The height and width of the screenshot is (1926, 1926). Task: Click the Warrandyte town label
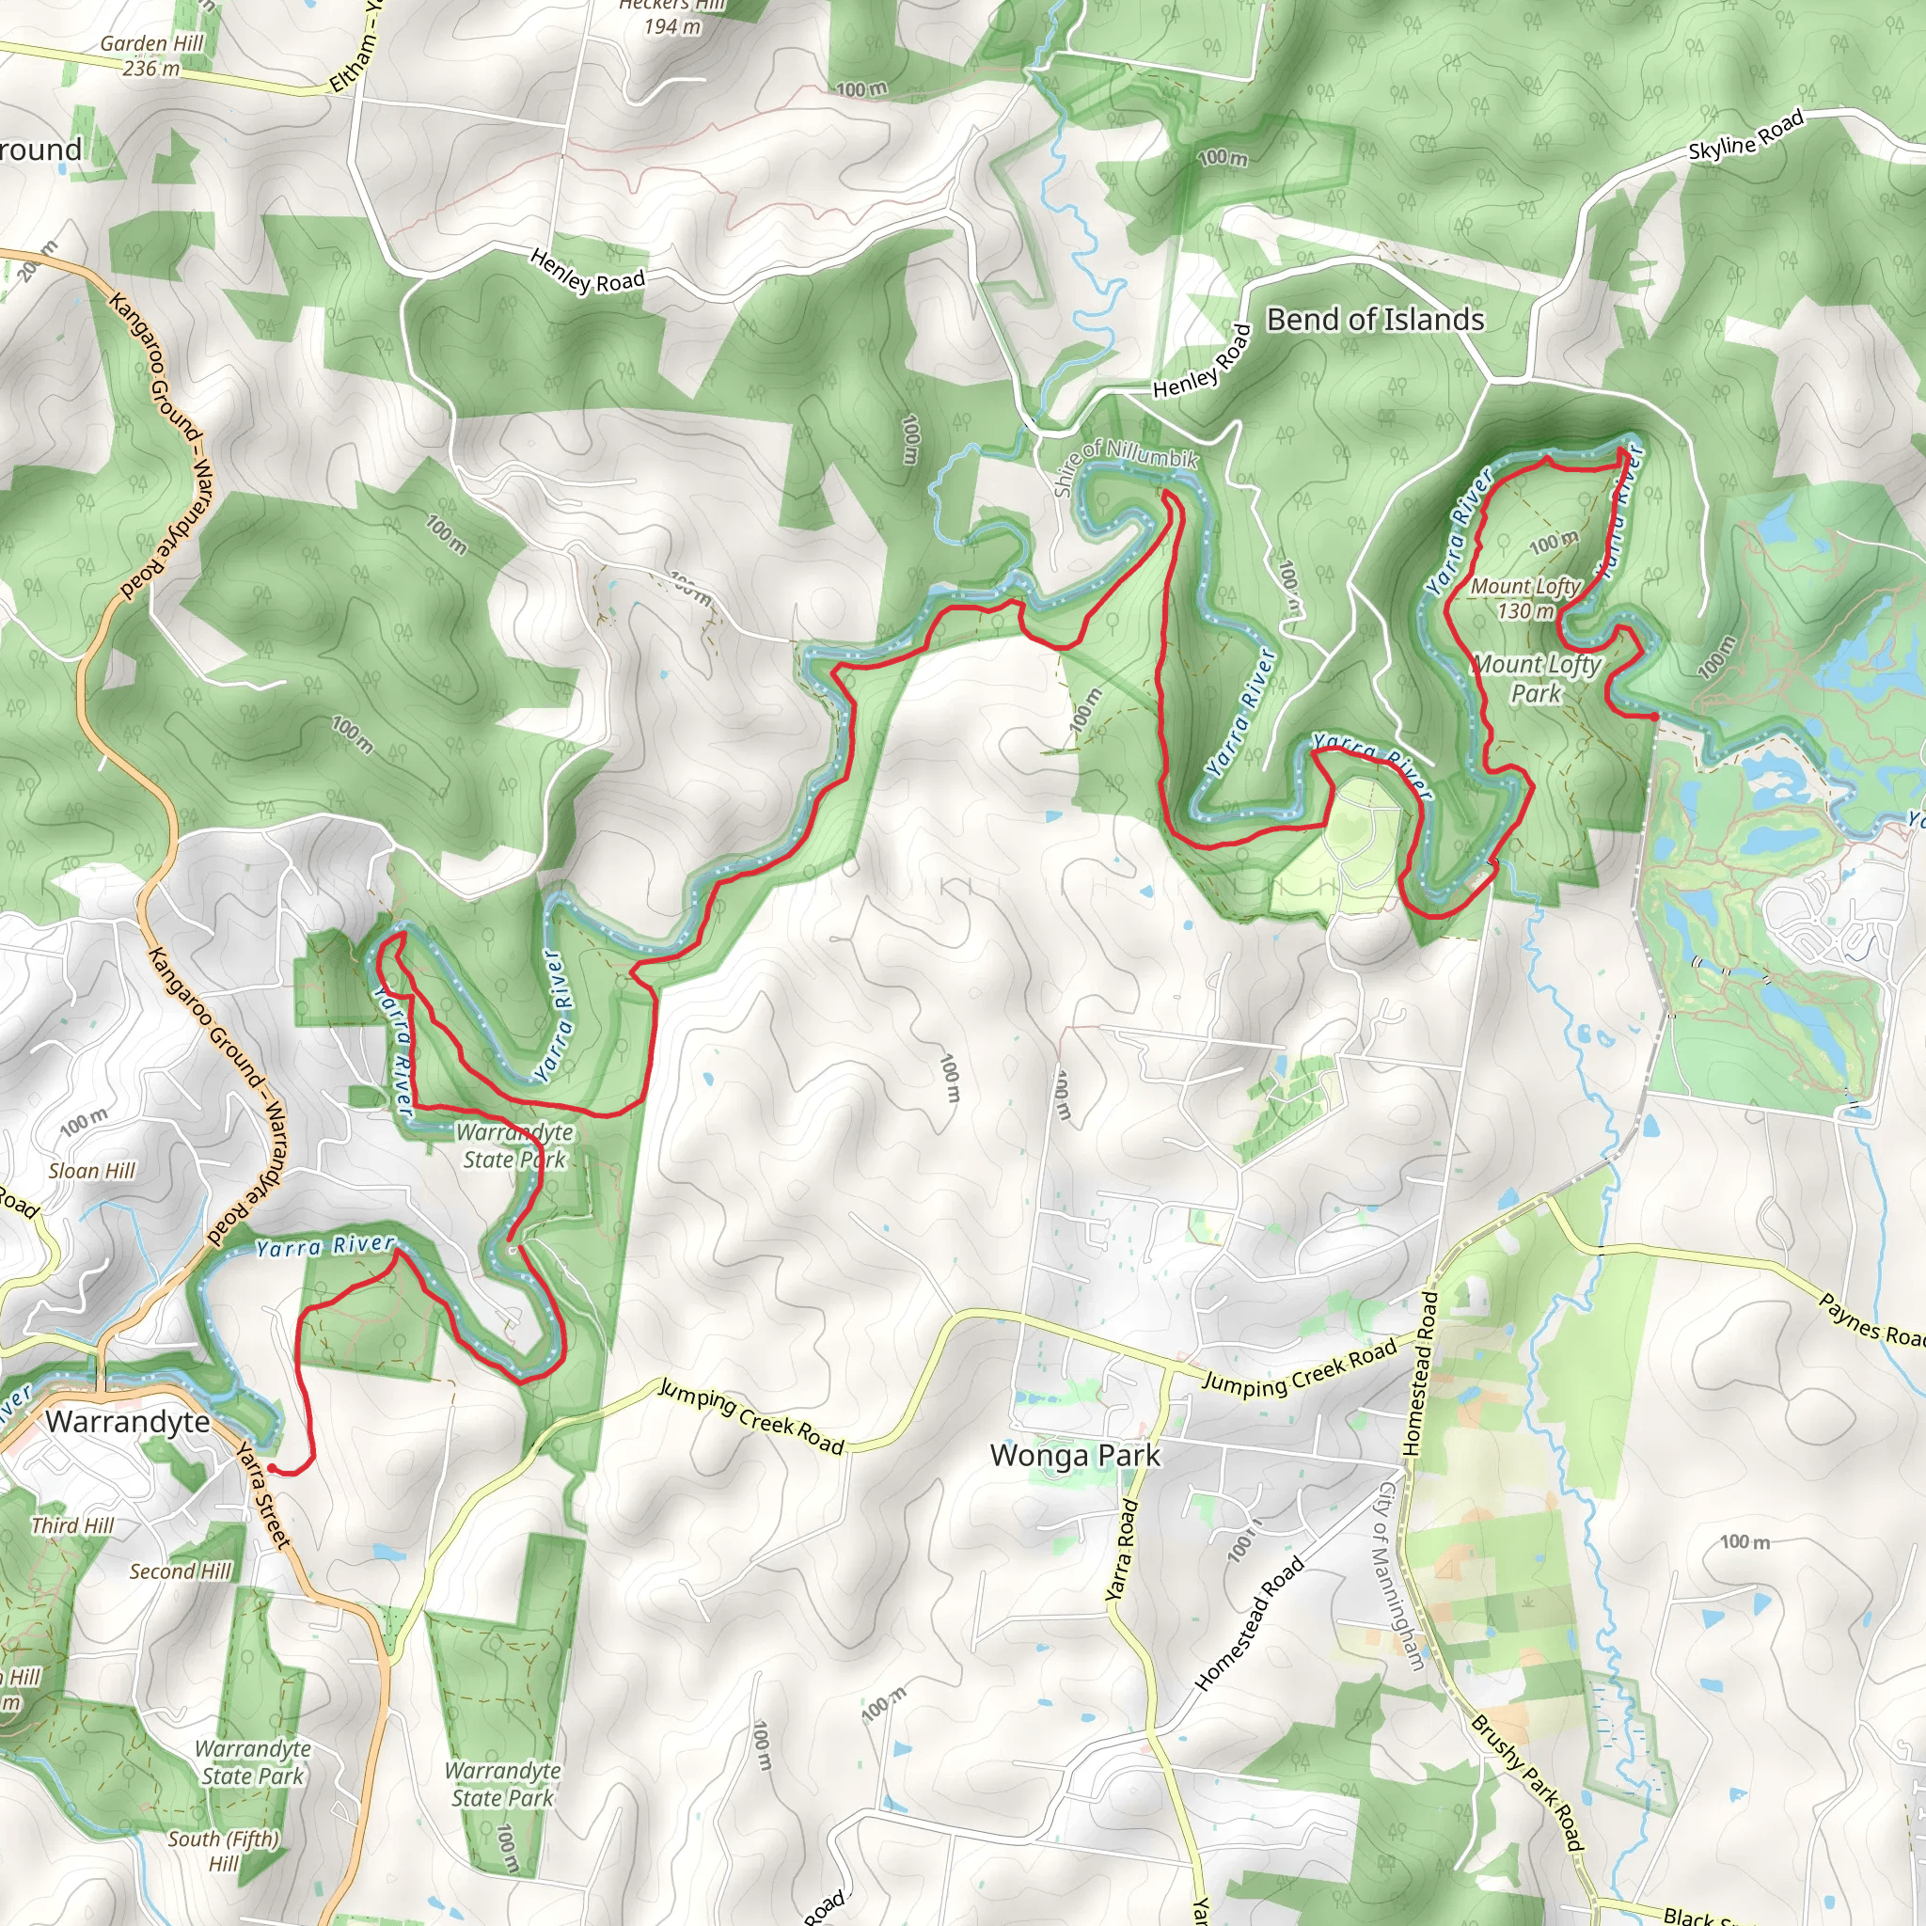(x=128, y=1422)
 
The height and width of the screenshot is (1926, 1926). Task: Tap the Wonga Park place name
(x=1075, y=1456)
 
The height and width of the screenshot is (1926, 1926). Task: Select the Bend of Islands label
(x=1375, y=320)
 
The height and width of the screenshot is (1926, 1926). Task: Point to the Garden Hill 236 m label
(x=151, y=55)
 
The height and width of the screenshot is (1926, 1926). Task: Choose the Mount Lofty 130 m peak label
(x=1525, y=598)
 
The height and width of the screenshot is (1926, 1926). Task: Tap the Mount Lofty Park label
(x=1537, y=678)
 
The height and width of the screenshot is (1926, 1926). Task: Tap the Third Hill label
(x=71, y=1525)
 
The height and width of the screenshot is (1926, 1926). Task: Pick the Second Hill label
(x=181, y=1571)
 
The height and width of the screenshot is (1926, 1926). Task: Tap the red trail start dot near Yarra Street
(x=271, y=1468)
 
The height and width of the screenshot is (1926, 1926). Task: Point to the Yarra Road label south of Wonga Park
(x=1123, y=1550)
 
